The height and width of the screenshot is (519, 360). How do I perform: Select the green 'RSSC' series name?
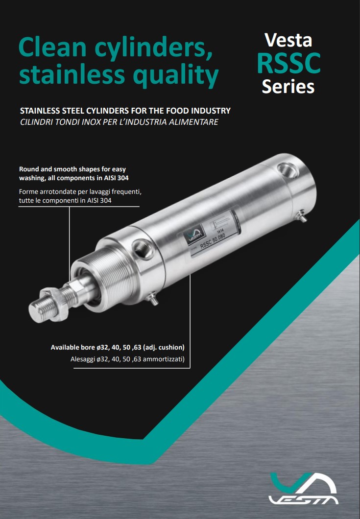pyautogui.click(x=289, y=63)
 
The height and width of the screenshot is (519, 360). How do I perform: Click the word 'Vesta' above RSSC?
pyautogui.click(x=288, y=40)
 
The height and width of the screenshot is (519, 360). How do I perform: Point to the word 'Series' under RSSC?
pyautogui.click(x=288, y=87)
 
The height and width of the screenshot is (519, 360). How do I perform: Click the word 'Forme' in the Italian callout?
pyautogui.click(x=28, y=191)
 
